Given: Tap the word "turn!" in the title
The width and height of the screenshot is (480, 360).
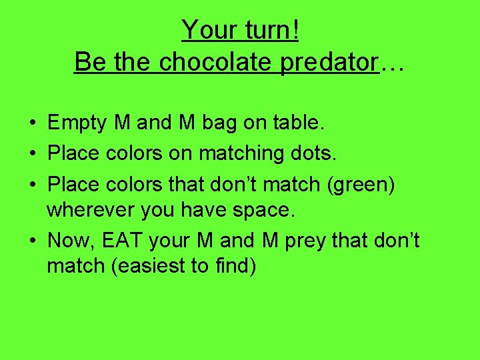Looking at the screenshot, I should point(265,30).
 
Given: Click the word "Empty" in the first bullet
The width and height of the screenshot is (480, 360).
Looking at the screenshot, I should point(78,123).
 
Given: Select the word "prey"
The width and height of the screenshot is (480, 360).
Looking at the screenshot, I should point(310,240).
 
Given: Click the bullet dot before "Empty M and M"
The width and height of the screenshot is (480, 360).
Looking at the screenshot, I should point(32,123).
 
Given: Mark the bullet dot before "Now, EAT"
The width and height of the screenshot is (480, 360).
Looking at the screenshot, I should point(32,241).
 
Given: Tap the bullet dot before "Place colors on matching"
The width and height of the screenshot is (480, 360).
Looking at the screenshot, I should point(32,154).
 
